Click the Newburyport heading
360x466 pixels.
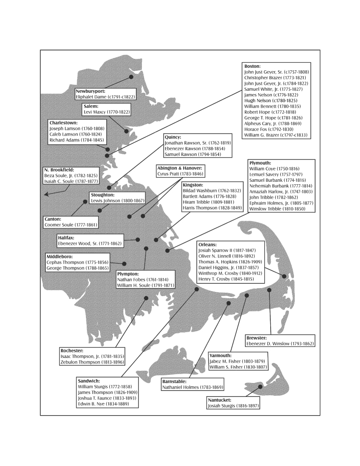tap(90, 91)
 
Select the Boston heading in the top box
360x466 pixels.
tap(252, 67)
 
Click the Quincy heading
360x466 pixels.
tap(173, 137)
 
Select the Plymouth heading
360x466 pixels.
tap(260, 163)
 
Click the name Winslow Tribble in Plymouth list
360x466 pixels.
tap(277, 209)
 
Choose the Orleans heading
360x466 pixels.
tap(208, 244)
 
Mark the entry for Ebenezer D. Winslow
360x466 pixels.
tap(280, 344)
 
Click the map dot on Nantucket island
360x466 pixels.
tap(260, 387)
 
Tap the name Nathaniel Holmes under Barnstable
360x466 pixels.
tap(192, 387)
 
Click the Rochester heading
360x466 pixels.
tap(72, 351)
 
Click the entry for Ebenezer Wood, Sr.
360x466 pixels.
tap(90, 244)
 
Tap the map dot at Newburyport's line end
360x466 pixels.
tap(131, 77)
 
